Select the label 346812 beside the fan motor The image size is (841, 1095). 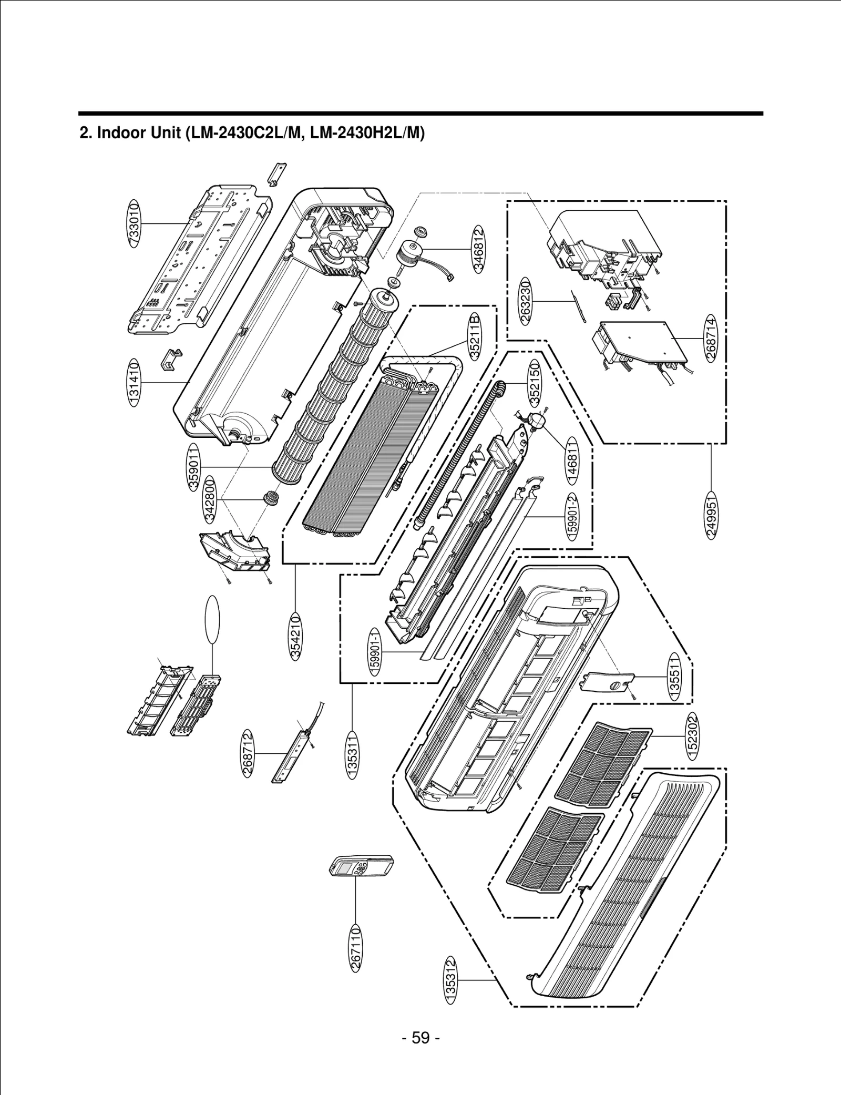[478, 249]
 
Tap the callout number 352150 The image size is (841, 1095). [535, 382]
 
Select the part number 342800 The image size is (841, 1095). [210, 499]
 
